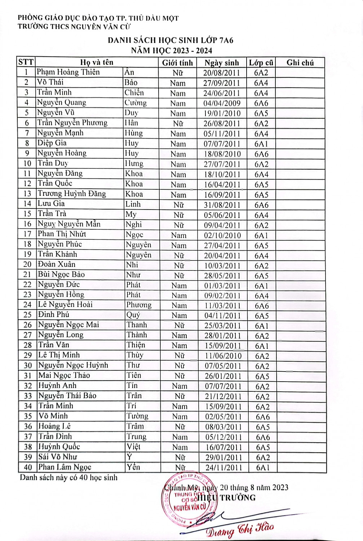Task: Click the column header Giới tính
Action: (x=177, y=63)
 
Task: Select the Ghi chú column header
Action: (x=300, y=63)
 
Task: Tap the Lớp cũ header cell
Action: (x=261, y=63)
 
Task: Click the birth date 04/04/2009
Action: (x=222, y=103)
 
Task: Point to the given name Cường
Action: (x=136, y=103)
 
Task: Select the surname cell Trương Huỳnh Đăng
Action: (x=72, y=194)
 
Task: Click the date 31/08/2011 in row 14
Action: (x=222, y=205)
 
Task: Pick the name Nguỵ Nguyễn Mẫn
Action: (x=69, y=224)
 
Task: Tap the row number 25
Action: (x=27, y=315)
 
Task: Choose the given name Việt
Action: (x=133, y=447)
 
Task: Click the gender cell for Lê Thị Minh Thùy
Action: (x=180, y=356)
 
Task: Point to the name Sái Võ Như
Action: (x=58, y=457)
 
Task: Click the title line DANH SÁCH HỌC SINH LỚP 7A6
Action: (x=171, y=40)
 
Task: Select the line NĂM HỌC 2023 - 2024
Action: (x=172, y=50)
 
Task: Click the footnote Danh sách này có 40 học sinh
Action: (x=68, y=478)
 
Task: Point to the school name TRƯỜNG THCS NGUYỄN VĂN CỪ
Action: (x=74, y=26)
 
